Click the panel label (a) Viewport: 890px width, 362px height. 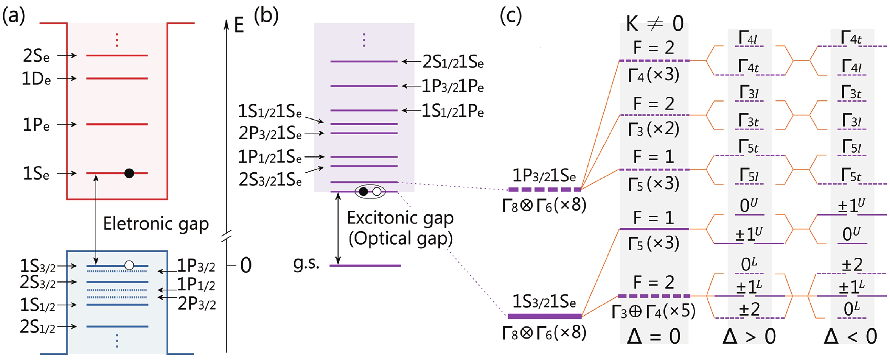(14, 16)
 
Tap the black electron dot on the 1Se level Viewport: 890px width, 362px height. (129, 173)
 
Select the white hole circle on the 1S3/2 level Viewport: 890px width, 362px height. (129, 265)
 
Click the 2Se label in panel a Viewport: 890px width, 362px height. (36, 56)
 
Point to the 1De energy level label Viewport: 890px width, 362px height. (36, 79)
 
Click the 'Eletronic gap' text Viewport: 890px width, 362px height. (156, 223)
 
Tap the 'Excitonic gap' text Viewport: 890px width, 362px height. (400, 218)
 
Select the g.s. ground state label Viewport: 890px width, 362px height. (306, 264)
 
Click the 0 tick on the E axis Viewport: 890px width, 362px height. (246, 266)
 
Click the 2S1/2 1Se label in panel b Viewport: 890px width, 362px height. (453, 62)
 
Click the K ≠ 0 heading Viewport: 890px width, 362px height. (654, 24)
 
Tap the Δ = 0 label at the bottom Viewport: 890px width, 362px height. (654, 336)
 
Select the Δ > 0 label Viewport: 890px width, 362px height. (749, 336)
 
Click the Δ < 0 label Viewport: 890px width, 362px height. (851, 336)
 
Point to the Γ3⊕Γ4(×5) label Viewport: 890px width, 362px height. (653, 311)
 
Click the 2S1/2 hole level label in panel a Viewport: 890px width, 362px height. (38, 327)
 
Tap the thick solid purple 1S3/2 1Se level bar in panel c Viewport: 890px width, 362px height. (544, 316)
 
